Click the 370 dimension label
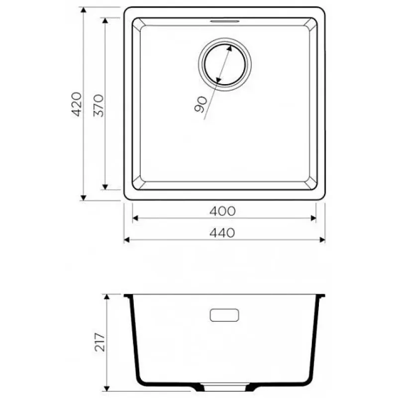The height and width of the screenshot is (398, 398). click(99, 105)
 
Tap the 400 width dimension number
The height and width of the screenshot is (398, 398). click(222, 211)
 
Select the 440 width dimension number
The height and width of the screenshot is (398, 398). click(222, 233)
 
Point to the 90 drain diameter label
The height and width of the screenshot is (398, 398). click(200, 104)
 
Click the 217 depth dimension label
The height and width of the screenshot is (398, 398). click(100, 342)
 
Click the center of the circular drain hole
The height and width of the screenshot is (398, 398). click(225, 65)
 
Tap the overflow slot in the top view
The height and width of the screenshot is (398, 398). click(224, 21)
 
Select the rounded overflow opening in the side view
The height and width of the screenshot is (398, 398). click(224, 315)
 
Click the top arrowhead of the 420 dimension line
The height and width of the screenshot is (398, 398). click(84, 10)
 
